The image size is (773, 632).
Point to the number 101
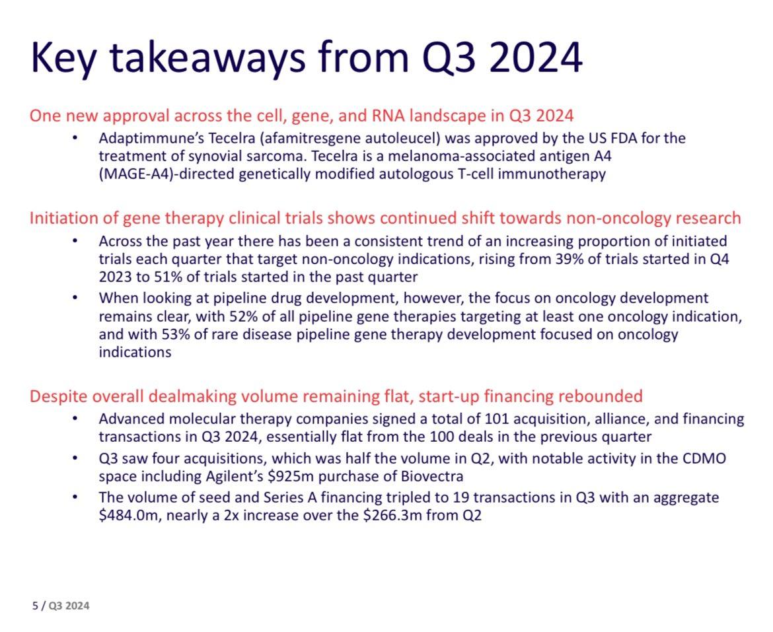pos(497,419)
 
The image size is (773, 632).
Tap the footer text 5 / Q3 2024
pos(61,606)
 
